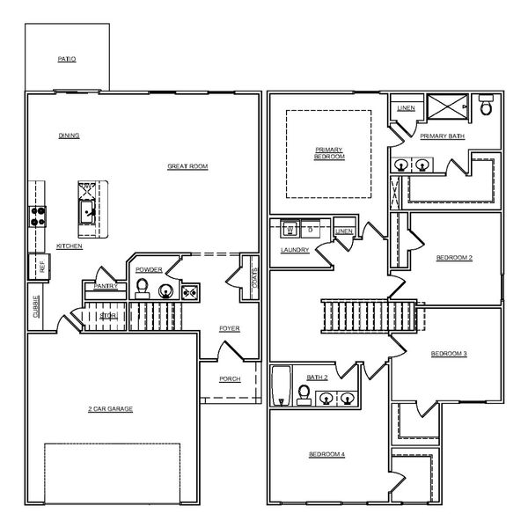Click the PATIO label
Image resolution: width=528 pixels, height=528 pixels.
(67, 59)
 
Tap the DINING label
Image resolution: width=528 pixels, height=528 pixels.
(70, 136)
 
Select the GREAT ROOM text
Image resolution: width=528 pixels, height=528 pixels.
(187, 165)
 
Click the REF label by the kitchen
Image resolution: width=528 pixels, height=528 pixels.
(41, 266)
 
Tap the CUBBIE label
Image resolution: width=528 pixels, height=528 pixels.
(36, 305)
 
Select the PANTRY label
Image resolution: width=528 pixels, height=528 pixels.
(106, 286)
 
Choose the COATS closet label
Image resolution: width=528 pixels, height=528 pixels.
(255, 279)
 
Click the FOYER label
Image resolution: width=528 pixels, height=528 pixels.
(230, 328)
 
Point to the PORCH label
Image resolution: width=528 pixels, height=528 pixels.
(230, 379)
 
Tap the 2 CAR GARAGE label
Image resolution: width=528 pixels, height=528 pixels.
(110, 409)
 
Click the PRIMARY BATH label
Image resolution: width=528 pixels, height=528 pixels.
(443, 136)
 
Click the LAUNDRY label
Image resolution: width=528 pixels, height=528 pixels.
(293, 250)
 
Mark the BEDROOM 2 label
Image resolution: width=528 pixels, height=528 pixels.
(455, 258)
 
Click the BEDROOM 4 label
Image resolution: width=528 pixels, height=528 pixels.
(326, 454)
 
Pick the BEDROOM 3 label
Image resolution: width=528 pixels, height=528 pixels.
(449, 354)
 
